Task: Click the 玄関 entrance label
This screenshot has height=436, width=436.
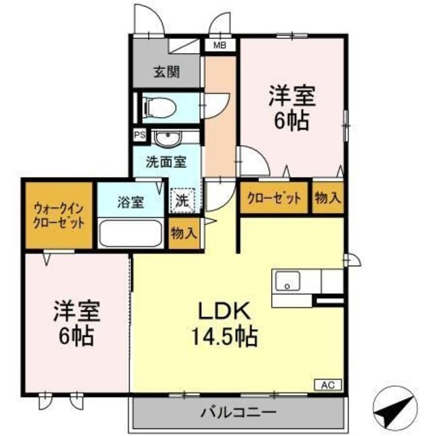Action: point(166,72)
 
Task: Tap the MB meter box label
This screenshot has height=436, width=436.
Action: point(220,46)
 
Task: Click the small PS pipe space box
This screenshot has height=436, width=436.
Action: point(139,135)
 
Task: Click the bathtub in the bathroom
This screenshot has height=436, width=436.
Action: point(129,233)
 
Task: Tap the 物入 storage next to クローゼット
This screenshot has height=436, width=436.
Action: point(328,198)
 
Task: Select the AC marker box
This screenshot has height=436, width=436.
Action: point(328,385)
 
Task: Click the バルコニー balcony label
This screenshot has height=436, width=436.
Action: point(238,412)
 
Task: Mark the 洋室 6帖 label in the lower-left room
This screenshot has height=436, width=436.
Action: point(76,324)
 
